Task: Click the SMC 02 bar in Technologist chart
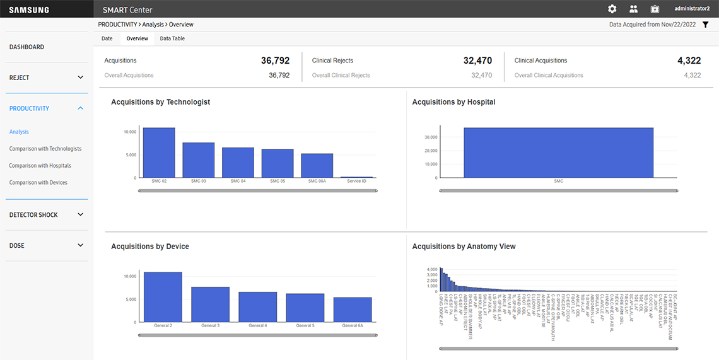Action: (158, 153)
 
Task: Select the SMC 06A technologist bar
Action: (317, 165)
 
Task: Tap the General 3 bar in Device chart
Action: (210, 305)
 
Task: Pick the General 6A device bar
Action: (353, 310)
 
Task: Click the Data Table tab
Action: (172, 38)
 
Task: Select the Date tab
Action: (107, 38)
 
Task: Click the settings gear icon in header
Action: (612, 9)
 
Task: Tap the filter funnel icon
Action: (705, 25)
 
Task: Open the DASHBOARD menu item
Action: (26, 47)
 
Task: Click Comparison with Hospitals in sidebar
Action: (40, 166)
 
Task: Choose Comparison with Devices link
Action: (38, 183)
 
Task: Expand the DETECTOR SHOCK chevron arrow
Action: (80, 215)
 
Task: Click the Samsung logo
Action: (29, 9)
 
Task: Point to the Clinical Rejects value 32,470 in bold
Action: (477, 61)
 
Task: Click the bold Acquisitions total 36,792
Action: (275, 61)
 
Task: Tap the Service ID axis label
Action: (356, 181)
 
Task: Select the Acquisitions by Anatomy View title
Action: (464, 247)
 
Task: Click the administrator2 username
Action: (692, 9)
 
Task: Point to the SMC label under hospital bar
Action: (558, 181)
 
